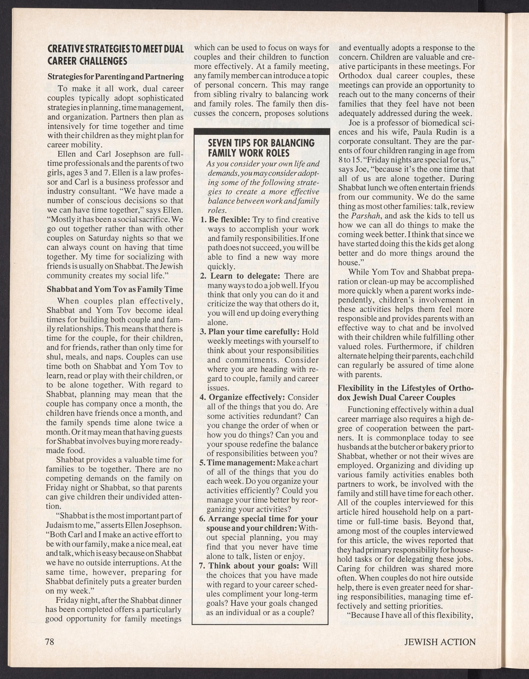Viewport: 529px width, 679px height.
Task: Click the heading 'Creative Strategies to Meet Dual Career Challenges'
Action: [115, 54]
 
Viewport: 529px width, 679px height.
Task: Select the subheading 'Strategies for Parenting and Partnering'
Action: [115, 77]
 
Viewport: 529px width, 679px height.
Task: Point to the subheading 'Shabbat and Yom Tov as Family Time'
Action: [114, 289]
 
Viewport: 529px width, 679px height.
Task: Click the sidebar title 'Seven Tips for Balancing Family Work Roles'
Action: [261, 148]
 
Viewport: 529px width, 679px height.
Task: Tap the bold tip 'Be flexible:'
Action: [229, 220]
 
